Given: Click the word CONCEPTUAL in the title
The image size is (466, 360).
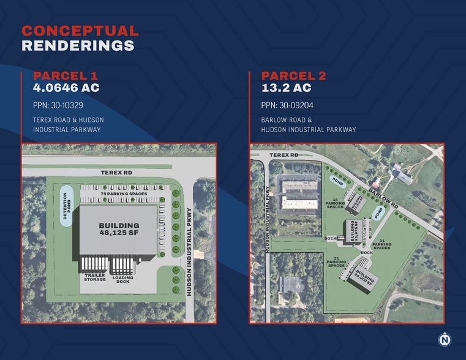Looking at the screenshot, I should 80,31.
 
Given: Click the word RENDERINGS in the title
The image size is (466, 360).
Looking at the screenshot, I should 78,45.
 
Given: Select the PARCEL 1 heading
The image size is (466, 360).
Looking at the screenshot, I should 66,76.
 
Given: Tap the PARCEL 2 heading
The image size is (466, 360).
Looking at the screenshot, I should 294,76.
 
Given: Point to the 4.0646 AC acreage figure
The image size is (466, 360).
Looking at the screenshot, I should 66,88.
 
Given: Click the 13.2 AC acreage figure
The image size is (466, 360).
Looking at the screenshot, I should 285,88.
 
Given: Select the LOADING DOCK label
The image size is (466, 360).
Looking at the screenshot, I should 125,279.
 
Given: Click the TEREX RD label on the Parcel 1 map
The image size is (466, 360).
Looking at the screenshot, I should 116,173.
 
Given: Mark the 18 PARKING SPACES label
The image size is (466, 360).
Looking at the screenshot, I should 335,203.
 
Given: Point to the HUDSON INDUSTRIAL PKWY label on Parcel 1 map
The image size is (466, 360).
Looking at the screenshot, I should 189,252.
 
